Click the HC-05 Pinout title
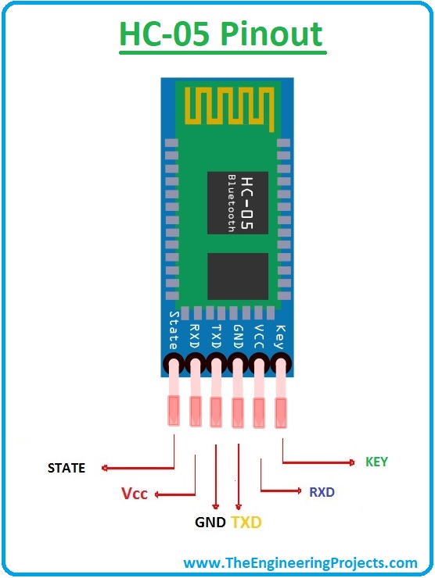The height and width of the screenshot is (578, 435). [221, 34]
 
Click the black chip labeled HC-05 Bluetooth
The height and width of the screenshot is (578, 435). [238, 203]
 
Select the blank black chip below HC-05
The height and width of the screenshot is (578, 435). [238, 276]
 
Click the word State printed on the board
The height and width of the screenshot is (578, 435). [174, 330]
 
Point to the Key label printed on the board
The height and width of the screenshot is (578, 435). [280, 337]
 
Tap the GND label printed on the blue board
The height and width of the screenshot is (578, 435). [238, 337]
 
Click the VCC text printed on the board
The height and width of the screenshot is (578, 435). [259, 337]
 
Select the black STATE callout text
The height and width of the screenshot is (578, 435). [67, 468]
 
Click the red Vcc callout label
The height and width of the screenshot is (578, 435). [135, 493]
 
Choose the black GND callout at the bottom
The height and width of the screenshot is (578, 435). [210, 523]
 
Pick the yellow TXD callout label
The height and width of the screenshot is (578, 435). [246, 523]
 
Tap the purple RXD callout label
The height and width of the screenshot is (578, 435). [322, 492]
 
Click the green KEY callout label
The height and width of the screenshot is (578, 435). [376, 462]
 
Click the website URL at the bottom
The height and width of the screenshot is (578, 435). [300, 563]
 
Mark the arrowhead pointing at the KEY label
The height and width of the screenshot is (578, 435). [352, 462]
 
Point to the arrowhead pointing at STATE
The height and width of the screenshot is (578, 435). [105, 468]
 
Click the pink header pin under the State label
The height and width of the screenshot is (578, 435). [174, 394]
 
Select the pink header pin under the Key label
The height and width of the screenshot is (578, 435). [281, 394]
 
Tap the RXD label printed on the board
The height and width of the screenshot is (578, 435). [194, 337]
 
